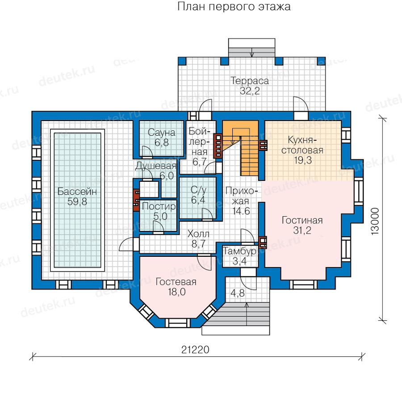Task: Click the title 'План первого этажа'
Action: click(x=234, y=7)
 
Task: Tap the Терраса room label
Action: click(x=250, y=81)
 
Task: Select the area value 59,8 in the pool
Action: click(x=77, y=202)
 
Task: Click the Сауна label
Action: click(x=162, y=133)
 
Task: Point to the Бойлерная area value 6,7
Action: click(x=200, y=162)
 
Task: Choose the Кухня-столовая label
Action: click(x=302, y=145)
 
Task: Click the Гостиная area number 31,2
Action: click(x=302, y=230)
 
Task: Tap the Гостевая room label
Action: click(x=176, y=282)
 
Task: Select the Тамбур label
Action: click(x=239, y=251)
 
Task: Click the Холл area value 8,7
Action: click(x=198, y=244)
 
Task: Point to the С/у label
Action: click(x=198, y=190)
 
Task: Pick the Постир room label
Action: click(x=159, y=206)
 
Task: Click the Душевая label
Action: click(x=156, y=166)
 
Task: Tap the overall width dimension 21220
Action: click(x=195, y=350)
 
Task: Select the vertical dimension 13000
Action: click(x=375, y=221)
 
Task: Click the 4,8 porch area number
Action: click(x=238, y=293)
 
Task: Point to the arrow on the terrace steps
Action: click(x=252, y=53)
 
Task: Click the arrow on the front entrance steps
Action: click(x=247, y=314)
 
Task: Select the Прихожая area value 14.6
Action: click(x=241, y=211)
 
